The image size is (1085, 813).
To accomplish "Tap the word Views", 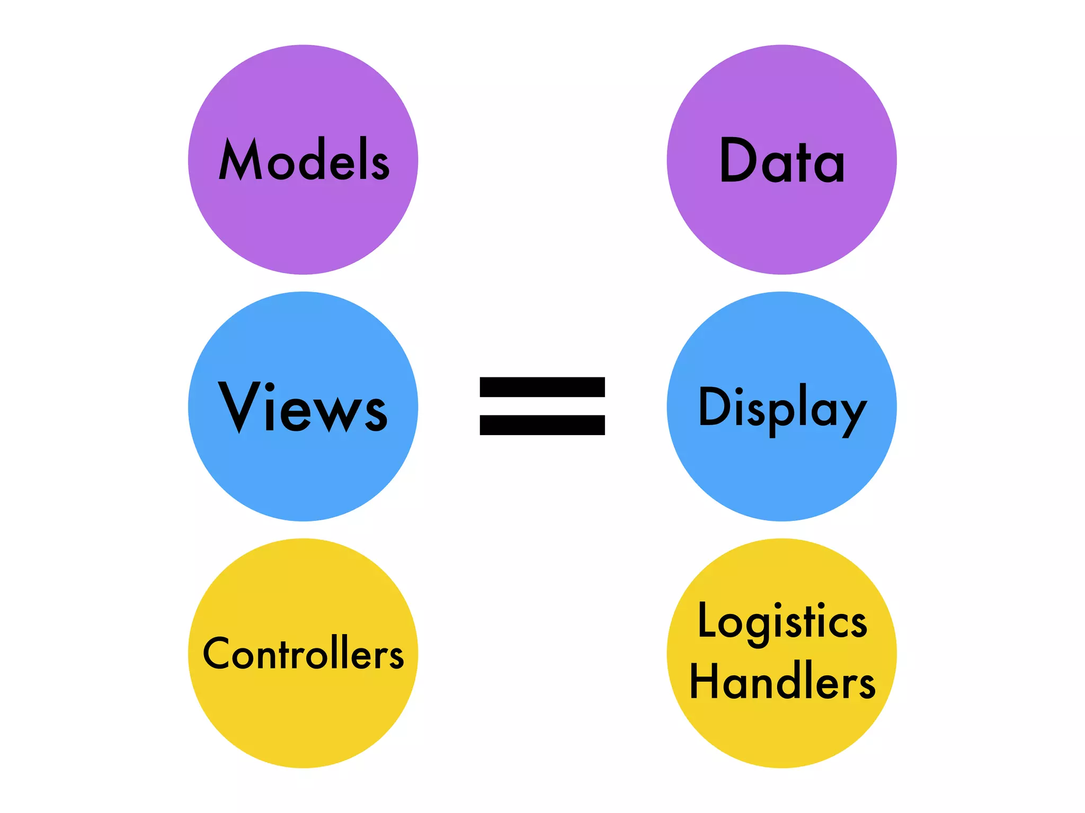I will click(303, 408).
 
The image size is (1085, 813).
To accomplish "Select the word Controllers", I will click(303, 654).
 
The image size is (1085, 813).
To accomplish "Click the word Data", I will click(782, 160).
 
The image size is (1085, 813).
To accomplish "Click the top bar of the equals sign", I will click(542, 387).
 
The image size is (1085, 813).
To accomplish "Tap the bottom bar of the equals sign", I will click(542, 425).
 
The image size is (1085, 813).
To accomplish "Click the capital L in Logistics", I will click(708, 620).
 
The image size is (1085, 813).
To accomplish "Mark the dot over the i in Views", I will click(270, 387).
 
